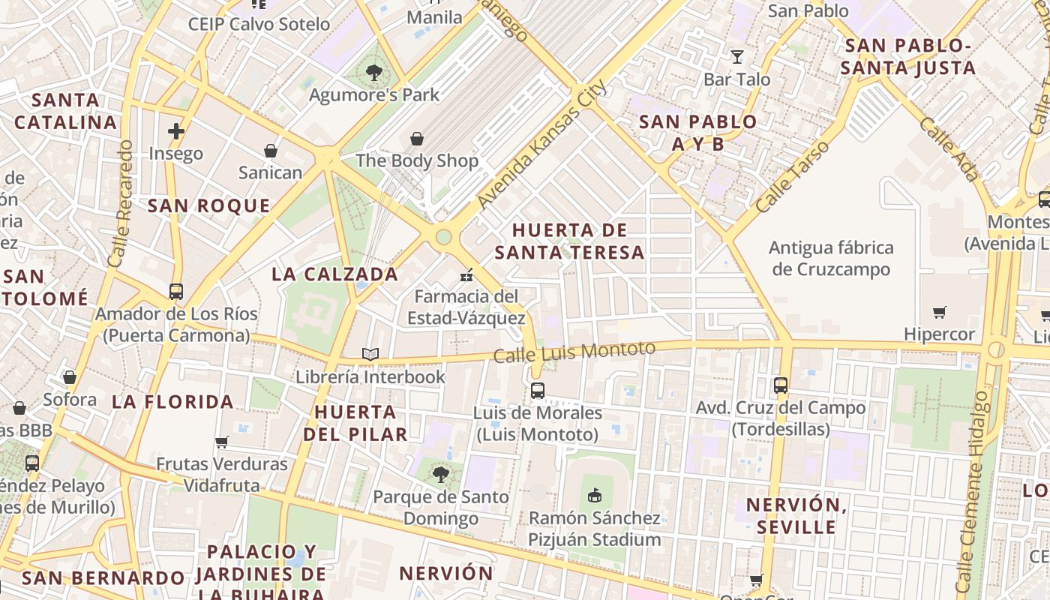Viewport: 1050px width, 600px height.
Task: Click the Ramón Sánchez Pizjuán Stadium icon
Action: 595,495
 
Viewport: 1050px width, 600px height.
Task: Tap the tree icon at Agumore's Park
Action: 373,73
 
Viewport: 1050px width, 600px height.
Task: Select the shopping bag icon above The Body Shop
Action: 417,139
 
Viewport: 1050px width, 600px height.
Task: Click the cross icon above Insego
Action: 176,132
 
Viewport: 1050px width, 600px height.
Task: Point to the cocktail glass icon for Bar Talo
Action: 737,57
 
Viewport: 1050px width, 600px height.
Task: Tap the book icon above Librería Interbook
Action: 370,354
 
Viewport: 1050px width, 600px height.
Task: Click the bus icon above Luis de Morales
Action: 537,390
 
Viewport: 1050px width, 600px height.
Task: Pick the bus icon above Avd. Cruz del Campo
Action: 781,385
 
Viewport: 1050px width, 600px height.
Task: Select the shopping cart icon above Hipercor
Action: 939,312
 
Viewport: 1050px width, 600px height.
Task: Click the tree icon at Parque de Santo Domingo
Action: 441,474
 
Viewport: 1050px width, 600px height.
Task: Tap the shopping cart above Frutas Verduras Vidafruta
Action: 221,442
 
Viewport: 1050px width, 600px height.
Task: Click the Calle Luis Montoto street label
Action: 575,350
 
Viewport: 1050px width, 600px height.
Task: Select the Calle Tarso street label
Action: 793,176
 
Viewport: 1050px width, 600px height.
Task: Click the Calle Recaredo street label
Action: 120,203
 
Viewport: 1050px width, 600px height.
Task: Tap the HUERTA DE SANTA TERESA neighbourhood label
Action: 569,241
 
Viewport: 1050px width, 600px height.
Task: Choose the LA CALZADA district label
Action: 334,274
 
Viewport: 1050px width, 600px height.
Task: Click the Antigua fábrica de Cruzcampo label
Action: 831,258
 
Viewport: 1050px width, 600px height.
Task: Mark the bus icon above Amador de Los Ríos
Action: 176,292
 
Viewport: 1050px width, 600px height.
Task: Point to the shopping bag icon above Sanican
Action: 271,151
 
